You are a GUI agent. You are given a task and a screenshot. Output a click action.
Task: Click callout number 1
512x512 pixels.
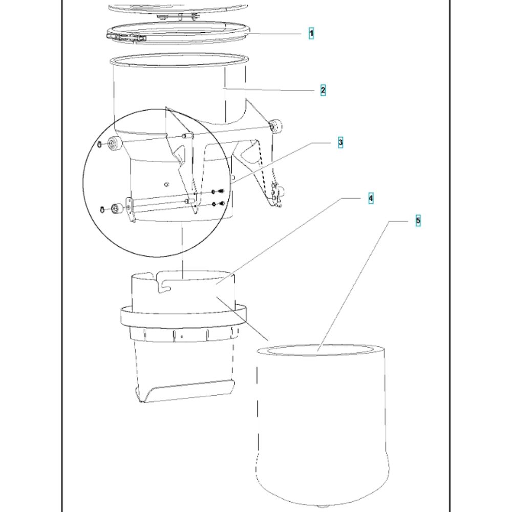pos(311,34)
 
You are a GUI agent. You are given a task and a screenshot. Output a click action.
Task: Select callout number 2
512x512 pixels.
pos(323,91)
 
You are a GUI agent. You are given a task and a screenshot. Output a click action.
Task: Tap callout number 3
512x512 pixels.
pos(340,143)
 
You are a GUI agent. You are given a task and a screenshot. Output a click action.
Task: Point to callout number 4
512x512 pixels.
pos(371,198)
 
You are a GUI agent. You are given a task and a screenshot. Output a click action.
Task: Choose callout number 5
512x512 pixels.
pos(418,221)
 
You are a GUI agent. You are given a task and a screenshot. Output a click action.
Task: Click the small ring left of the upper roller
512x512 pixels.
pos(99,144)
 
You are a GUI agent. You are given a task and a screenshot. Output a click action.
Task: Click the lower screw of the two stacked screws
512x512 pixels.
pos(222,204)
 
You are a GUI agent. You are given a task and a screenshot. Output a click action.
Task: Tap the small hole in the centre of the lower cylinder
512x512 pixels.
pos(167,185)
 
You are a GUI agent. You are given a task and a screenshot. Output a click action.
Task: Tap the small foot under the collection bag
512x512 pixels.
pos(322,507)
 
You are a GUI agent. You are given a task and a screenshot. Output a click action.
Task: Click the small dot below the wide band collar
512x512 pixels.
pos(182,336)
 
